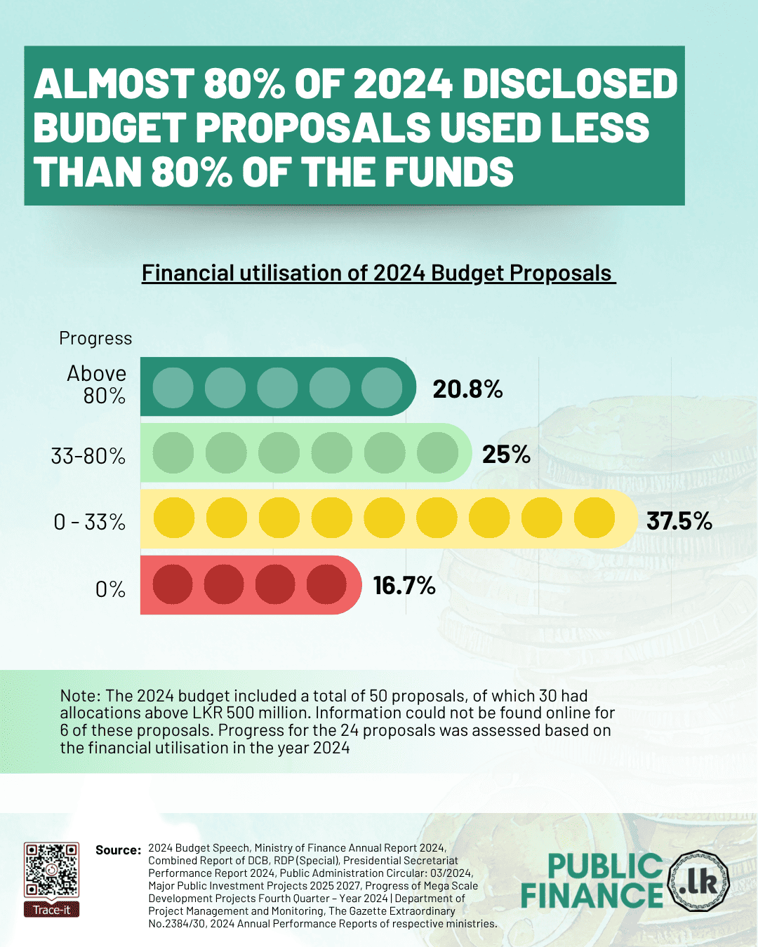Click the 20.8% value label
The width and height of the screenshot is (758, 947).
coord(467,389)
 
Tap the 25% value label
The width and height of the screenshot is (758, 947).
coord(506,455)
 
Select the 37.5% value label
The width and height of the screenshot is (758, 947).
coord(679,521)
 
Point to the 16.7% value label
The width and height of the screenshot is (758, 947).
coord(404,586)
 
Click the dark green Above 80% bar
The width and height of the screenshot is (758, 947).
coord(278,387)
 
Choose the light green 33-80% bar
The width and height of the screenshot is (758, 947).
coord(305,452)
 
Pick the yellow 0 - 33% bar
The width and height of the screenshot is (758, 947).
coord(386,518)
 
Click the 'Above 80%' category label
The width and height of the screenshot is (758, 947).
coord(97,384)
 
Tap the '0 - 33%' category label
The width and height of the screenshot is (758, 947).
coord(90,522)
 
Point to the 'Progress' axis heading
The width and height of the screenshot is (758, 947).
coord(95,338)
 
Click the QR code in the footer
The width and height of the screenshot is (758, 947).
coord(51,870)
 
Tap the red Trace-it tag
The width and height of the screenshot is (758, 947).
coord(51,910)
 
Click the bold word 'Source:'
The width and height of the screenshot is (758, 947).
coord(118,850)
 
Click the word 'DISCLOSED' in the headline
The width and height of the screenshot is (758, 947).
coord(569,84)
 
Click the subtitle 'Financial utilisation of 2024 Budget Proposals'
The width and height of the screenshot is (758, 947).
coord(378,273)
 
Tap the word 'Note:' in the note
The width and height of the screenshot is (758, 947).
coord(80,696)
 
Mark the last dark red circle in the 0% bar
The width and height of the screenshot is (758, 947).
coord(326,584)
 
